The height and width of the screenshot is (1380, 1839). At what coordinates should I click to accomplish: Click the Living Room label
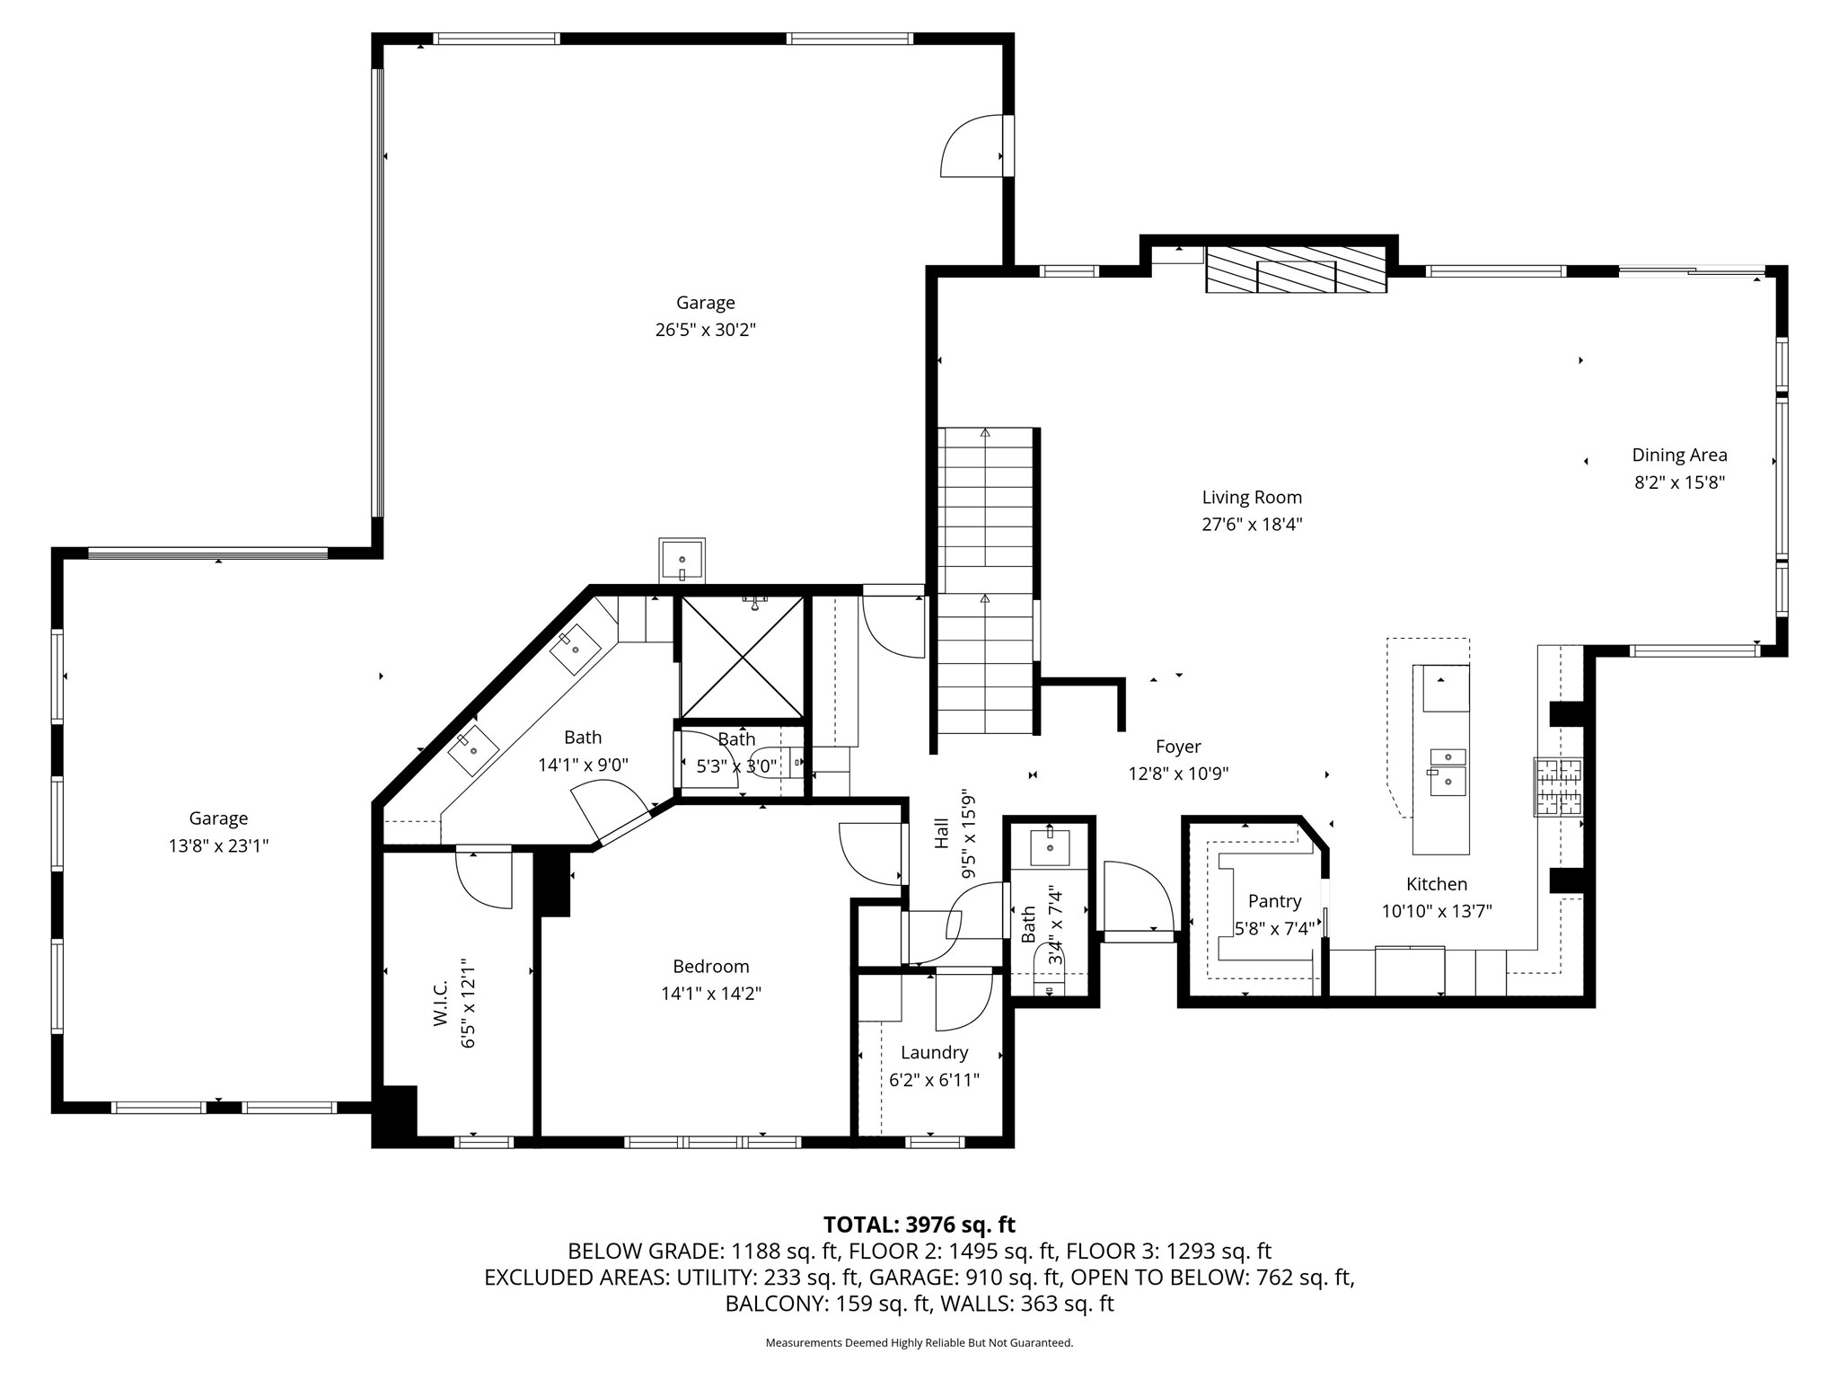tap(1252, 497)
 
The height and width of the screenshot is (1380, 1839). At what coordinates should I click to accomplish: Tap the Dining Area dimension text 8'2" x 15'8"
tap(1679, 482)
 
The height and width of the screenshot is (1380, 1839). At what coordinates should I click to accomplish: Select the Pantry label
tap(1274, 901)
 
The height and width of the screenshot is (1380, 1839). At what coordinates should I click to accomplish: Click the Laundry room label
tap(934, 1052)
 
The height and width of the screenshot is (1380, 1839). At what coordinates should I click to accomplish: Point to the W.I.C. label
tap(440, 1004)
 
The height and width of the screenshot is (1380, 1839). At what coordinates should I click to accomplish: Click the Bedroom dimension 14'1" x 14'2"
tap(710, 994)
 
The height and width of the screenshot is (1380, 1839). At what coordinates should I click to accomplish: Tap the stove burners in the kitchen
tap(1558, 787)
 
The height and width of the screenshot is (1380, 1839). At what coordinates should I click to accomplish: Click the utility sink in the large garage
tap(682, 560)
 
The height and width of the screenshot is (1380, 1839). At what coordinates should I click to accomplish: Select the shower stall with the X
tap(742, 657)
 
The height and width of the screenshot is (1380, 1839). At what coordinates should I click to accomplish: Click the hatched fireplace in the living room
tap(1296, 269)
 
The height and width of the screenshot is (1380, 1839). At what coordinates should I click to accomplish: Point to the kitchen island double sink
tap(1447, 773)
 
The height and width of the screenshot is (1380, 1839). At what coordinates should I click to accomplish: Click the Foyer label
tap(1178, 747)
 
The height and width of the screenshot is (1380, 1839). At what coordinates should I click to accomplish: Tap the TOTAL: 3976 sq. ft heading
tap(919, 1225)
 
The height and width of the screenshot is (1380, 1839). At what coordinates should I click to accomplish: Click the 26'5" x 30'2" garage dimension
tap(705, 330)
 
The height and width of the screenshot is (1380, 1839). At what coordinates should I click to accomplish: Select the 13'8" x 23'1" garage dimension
tap(218, 845)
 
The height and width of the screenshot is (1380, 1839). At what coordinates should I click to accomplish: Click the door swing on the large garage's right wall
tap(972, 146)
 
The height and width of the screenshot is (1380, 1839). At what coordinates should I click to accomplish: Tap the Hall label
tap(941, 833)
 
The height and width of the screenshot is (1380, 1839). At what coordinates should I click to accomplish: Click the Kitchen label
tap(1437, 884)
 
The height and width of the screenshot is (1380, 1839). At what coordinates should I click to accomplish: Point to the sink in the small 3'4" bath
tap(1050, 846)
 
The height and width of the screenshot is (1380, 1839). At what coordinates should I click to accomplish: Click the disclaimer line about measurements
tap(919, 1343)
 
